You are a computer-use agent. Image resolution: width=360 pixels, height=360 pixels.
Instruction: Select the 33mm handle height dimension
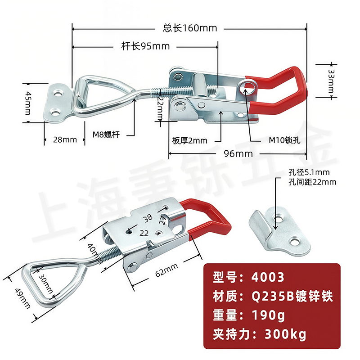[332, 79]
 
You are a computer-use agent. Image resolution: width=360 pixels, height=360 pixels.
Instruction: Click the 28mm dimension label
[65, 139]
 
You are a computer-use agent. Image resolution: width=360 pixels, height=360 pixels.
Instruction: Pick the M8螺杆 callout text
[106, 134]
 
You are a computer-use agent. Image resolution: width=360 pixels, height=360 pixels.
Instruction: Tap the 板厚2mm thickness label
[189, 140]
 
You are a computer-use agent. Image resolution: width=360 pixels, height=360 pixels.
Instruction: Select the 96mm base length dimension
[238, 154]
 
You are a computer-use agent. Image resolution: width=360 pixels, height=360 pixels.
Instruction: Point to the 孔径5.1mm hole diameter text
[309, 172]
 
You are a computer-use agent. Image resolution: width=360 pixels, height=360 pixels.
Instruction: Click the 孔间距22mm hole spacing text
[312, 182]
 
